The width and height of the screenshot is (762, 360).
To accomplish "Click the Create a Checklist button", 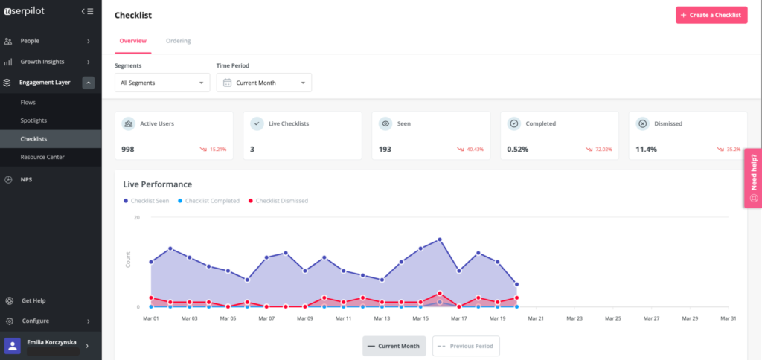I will click(x=711, y=15).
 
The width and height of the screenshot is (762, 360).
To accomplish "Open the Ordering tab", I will click(x=178, y=41).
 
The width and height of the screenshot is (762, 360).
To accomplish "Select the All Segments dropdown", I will click(x=162, y=83).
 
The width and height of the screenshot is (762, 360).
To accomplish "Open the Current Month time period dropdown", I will click(x=263, y=83).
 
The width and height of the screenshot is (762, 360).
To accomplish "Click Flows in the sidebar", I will click(x=28, y=102).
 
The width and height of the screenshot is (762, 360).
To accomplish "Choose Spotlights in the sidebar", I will click(x=33, y=120).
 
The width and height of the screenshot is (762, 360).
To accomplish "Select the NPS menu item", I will click(x=26, y=179).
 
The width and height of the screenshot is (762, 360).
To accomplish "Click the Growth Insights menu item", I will click(x=42, y=62).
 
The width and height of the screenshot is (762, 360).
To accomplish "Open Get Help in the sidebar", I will click(x=33, y=300).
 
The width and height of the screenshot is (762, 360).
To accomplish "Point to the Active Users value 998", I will click(x=128, y=149).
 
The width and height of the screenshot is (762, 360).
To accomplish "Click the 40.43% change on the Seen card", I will click(x=474, y=150).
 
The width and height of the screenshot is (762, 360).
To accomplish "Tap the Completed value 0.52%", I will click(x=518, y=149).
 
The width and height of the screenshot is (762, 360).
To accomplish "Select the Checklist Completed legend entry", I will click(x=212, y=201).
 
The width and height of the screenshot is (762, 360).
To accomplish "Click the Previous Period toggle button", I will click(x=466, y=346).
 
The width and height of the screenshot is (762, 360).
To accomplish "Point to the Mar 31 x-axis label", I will click(x=729, y=318).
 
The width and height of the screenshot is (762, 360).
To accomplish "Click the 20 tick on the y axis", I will click(x=137, y=218).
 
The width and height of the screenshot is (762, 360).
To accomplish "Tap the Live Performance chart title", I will click(x=158, y=184).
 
